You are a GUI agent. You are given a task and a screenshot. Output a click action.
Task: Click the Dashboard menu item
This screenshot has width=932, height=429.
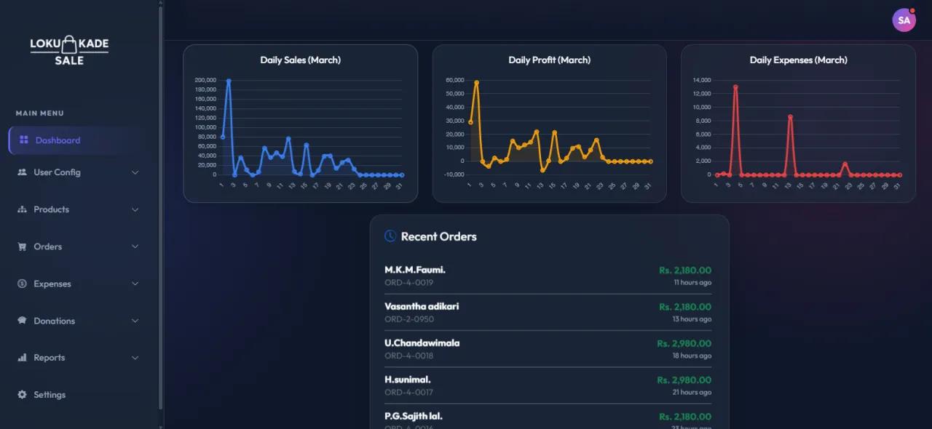coord(58,140)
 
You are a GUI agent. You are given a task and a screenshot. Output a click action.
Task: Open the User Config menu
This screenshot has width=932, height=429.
coord(57,172)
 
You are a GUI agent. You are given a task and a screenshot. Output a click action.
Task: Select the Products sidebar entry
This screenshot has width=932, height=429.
coord(51,209)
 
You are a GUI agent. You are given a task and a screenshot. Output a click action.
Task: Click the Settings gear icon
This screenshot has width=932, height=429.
coord(22,395)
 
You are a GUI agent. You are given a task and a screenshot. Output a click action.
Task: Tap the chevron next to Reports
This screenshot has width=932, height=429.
coord(135,358)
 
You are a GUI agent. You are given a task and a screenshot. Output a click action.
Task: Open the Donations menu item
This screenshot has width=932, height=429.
coord(54,321)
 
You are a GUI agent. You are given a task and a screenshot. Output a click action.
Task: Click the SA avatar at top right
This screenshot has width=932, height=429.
coord(904,20)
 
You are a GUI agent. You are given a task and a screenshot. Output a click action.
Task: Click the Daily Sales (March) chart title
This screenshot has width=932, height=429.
coord(300,60)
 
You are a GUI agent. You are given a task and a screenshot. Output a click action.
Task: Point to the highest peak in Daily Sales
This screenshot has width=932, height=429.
coord(229,81)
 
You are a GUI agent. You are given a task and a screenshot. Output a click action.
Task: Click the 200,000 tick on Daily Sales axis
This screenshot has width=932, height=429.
coord(205,80)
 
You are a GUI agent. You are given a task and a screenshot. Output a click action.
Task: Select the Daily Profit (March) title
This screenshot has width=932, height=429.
coord(549,60)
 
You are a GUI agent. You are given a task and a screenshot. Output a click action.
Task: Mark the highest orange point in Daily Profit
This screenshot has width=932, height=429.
coord(476,83)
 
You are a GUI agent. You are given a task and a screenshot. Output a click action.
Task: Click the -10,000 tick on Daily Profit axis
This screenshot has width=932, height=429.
coord(454,175)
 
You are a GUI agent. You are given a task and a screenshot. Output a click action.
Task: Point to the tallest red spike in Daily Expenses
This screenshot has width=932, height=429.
coord(735,87)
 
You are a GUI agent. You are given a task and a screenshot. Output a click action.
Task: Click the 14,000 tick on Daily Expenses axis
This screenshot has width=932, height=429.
coord(701,80)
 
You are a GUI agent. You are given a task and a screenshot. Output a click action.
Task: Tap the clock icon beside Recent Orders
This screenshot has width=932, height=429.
coord(390,236)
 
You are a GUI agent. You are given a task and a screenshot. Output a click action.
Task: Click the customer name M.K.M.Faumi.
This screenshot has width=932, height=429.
coord(415,270)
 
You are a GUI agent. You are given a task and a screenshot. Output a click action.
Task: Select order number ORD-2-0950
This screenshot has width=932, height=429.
coord(409,319)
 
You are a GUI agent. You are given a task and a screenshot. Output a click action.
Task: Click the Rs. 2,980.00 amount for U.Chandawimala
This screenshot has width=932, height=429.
coord(684,343)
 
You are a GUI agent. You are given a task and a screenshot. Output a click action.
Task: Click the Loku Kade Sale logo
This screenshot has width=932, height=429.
coord(69,50)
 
